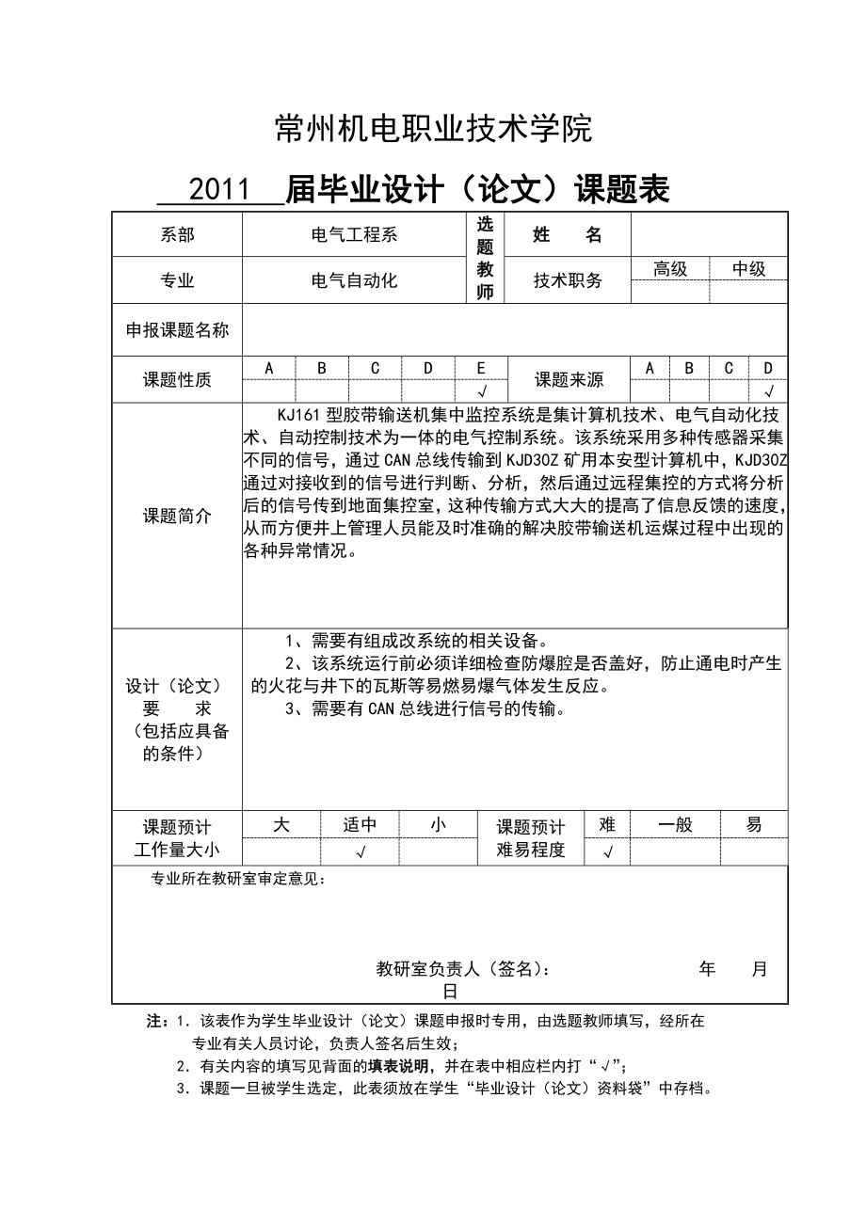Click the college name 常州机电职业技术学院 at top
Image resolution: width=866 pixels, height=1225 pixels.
pos(433,129)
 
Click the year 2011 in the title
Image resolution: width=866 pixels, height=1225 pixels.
pos(219,190)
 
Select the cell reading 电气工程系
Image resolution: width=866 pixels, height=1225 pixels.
pos(354,234)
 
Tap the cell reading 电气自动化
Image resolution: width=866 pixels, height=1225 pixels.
pos(354,280)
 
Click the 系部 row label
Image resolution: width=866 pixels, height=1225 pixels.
pos(177,234)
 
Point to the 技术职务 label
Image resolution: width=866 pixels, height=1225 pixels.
pos(568,280)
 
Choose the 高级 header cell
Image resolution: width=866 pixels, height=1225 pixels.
pos(670,269)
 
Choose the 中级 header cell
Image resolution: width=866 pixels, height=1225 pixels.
pos(748,269)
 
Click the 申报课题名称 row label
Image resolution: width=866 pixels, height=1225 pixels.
pos(177,330)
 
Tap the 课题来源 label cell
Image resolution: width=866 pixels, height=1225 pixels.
pos(569,380)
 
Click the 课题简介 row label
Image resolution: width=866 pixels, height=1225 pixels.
pos(177,516)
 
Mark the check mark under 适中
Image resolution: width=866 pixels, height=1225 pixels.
pos(360,852)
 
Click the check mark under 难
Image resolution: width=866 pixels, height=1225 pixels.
pos(607,852)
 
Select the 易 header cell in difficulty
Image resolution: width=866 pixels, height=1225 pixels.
pos(754,825)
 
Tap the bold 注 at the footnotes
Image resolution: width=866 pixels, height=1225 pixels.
pos(154,1021)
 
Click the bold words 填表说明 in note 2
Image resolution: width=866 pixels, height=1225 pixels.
pos(394,1066)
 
